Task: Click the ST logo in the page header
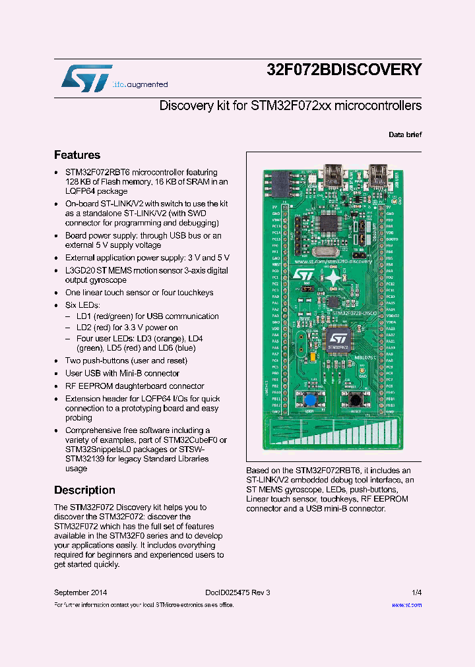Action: click(86, 77)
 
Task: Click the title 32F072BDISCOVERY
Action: click(344, 70)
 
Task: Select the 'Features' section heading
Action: click(77, 156)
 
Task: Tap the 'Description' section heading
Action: click(84, 490)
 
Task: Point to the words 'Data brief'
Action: click(405, 134)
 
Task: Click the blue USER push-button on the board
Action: click(309, 399)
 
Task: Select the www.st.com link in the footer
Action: click(406, 604)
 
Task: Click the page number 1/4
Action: click(417, 593)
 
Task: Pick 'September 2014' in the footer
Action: click(80, 593)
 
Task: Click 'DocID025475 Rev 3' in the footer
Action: click(233, 593)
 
